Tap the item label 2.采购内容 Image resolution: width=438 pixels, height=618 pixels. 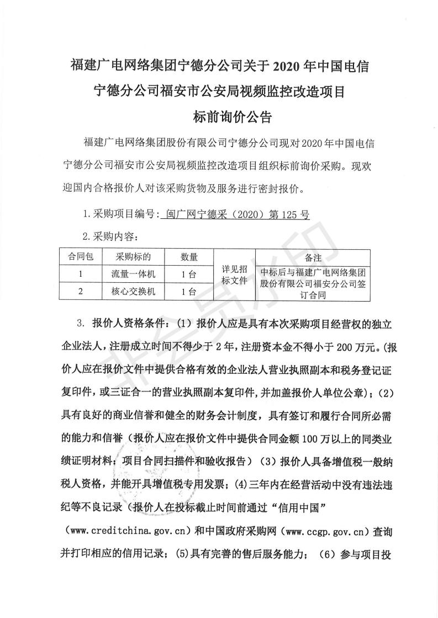click(109, 237)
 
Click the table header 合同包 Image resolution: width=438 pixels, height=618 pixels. click(81, 256)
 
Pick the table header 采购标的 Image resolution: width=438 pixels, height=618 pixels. click(133, 256)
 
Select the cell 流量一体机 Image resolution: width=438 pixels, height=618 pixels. click(133, 273)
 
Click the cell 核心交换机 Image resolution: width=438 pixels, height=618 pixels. click(133, 292)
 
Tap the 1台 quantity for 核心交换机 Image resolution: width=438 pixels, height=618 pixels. click(189, 292)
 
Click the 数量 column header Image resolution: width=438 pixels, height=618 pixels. click(189, 256)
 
